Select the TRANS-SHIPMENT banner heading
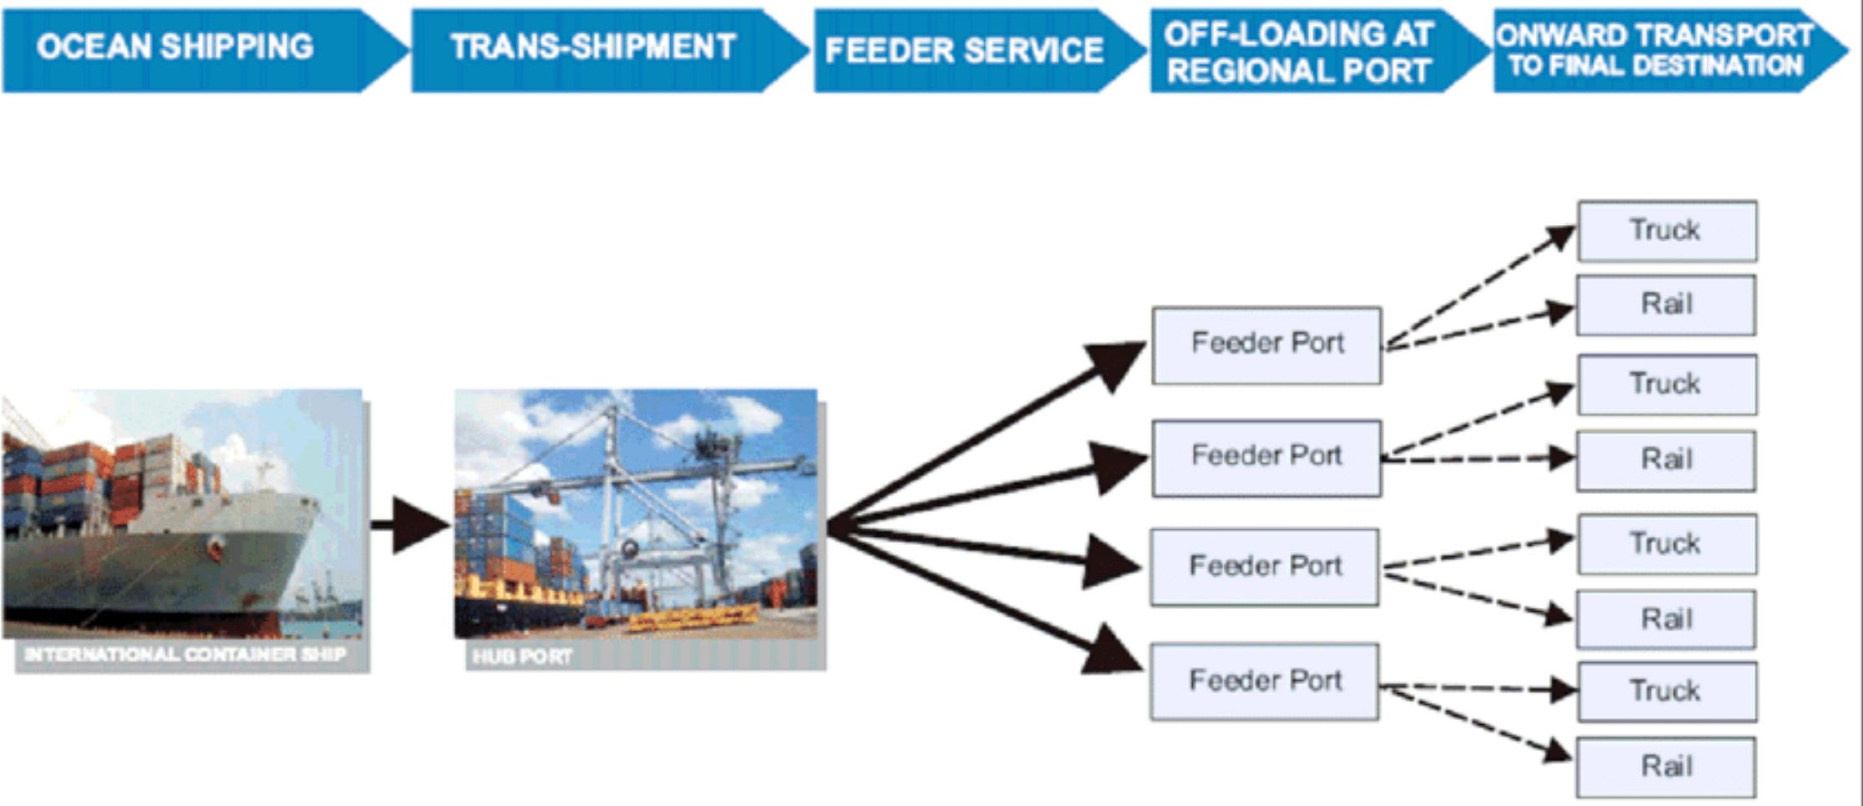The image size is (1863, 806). [x=592, y=47]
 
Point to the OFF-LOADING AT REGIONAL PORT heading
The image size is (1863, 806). [x=1298, y=52]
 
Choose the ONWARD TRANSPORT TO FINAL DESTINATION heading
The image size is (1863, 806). [x=1655, y=50]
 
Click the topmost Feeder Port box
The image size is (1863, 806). [x=1267, y=344]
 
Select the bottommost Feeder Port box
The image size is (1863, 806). [x=1265, y=681]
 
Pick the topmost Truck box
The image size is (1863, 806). [x=1666, y=231]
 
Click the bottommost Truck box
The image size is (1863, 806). [x=1666, y=691]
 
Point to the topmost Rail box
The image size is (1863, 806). [x=1666, y=304]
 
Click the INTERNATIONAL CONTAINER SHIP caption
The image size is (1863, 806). [x=185, y=655]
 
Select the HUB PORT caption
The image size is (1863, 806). [x=523, y=656]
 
